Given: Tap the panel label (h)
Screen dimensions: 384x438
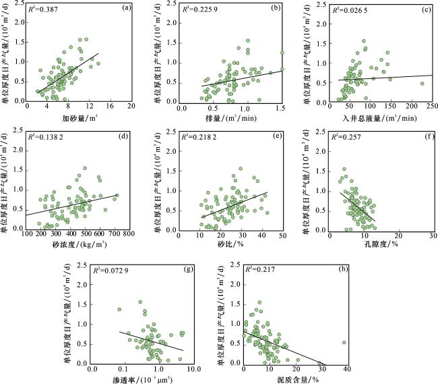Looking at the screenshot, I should (344, 269).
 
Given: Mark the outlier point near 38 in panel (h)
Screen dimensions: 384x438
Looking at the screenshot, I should (344, 342).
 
